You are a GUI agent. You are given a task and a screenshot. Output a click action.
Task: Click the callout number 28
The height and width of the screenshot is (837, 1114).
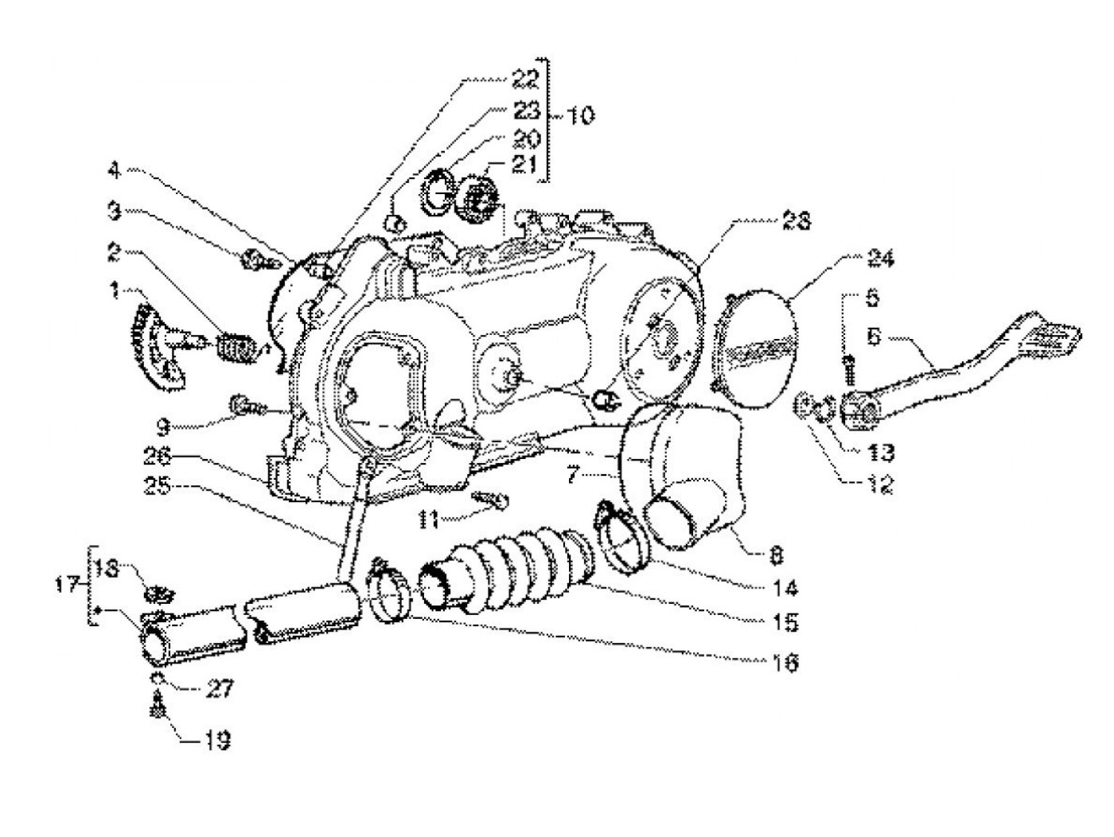coord(795,221)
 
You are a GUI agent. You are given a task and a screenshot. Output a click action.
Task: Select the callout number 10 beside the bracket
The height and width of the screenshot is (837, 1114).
coord(582,116)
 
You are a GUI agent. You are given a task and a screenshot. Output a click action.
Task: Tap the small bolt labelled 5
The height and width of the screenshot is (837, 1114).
coord(848,371)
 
